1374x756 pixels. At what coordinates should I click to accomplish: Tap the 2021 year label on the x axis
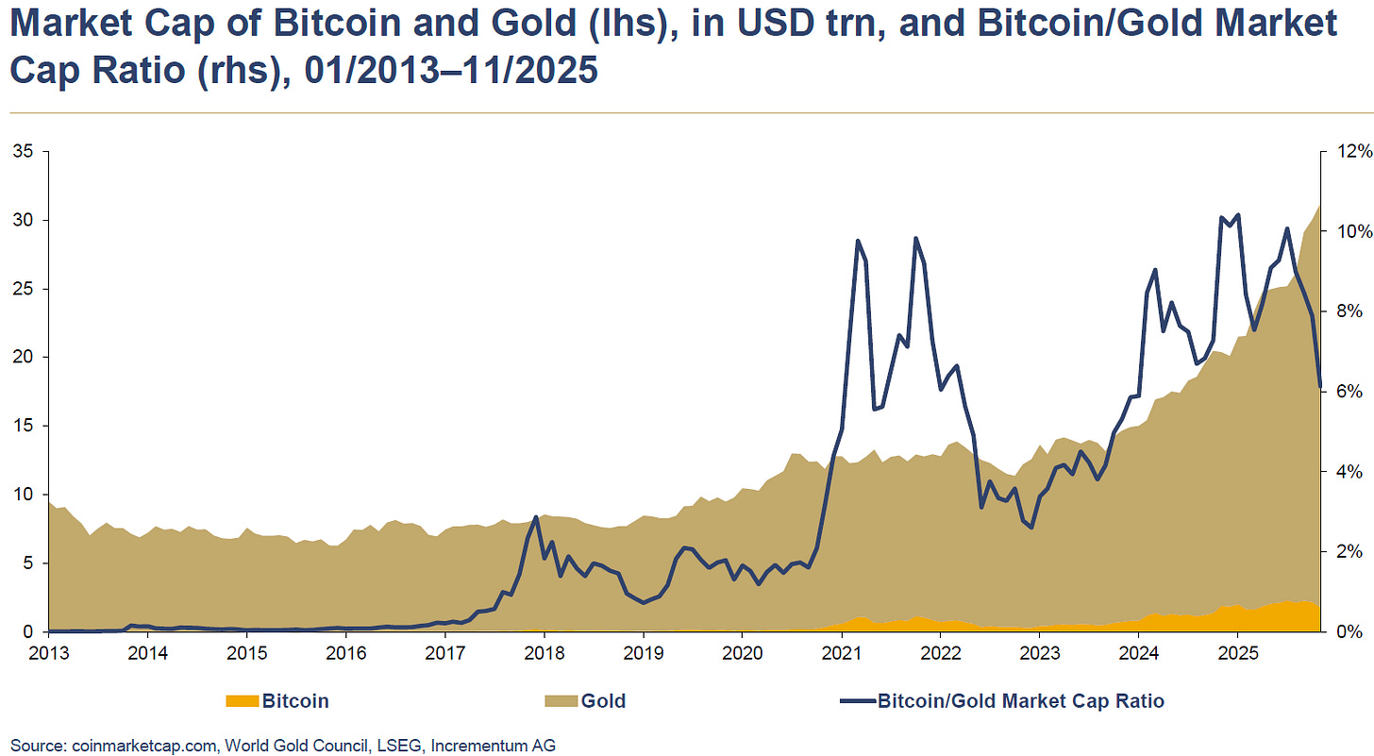click(840, 652)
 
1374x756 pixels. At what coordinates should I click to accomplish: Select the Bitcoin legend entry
click(294, 701)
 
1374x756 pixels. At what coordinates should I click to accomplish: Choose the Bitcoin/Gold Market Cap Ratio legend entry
click(1020, 701)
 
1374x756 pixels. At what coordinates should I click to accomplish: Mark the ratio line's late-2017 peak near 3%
click(536, 517)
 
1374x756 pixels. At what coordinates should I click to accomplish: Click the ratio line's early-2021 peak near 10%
click(857, 241)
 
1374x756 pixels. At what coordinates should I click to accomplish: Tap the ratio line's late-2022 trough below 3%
click(1031, 527)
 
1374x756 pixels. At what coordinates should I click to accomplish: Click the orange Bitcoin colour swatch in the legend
click(241, 701)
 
